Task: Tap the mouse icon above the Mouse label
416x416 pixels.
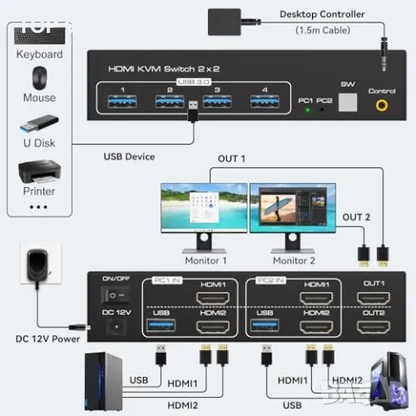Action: coord(39,78)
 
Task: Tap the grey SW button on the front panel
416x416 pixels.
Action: coord(347,103)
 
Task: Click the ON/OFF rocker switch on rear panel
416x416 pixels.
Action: coord(114,303)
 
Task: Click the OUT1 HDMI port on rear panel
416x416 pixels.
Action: coord(374,300)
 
